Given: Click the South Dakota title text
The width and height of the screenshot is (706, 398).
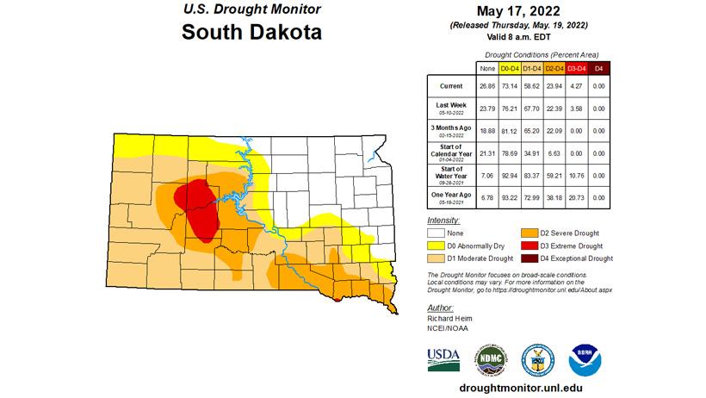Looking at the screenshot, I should tap(251, 33).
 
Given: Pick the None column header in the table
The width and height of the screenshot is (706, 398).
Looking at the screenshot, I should tap(488, 66).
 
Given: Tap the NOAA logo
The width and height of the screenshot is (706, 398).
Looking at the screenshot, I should tap(583, 358).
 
